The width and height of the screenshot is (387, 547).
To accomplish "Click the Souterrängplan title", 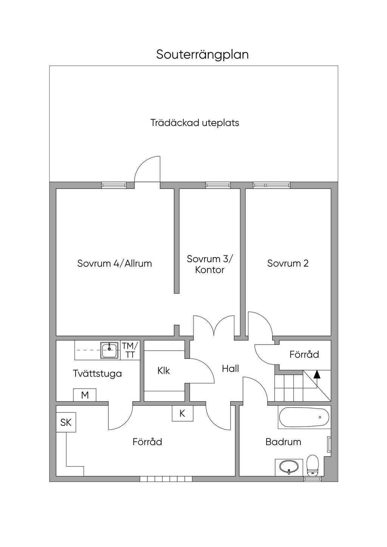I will tap(202, 55).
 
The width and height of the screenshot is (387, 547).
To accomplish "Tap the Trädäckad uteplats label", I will tap(195, 123).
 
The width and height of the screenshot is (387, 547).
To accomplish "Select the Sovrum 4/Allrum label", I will tap(115, 263).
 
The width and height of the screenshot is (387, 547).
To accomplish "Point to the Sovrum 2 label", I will tap(288, 263).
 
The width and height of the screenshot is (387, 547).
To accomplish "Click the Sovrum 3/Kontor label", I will tap(210, 264).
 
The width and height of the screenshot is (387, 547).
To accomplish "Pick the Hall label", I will tap(230, 368).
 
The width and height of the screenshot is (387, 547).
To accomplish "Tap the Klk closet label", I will tap(164, 371).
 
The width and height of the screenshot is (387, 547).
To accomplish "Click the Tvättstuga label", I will tap(97, 374).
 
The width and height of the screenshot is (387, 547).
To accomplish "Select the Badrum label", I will tap(283, 442).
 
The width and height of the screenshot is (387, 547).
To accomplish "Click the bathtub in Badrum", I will tap(304, 417).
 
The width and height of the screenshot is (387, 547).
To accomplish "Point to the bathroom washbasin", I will tap(289, 467).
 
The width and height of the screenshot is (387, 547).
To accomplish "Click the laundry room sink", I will tap(110, 350).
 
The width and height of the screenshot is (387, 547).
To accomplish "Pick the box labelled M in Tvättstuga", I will tap(85, 395).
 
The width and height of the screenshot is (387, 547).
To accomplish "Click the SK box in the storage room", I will tap(66, 422).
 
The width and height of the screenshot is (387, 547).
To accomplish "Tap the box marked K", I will tap(182, 413).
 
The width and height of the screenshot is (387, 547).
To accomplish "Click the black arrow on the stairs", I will tap(317, 374).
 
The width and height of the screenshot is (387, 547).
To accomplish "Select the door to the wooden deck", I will tap(148, 170).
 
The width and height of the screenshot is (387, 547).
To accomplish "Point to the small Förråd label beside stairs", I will tap(304, 354).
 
